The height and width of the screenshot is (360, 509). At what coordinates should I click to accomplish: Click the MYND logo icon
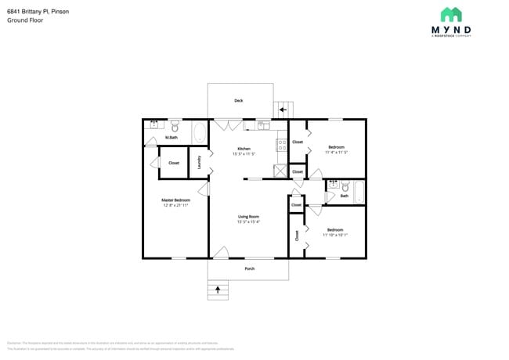click(450, 14)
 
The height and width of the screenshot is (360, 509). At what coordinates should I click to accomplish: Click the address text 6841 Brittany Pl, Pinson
click(38, 10)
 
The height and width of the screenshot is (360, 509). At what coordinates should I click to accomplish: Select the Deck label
click(239, 100)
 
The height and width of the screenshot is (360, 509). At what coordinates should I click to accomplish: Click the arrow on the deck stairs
click(283, 110)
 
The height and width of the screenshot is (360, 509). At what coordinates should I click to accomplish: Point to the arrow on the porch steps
click(218, 290)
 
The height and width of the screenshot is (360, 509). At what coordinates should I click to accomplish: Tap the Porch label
click(249, 268)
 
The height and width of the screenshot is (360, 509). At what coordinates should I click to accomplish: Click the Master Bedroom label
click(175, 200)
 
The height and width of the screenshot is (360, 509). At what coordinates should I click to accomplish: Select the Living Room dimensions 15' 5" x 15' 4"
click(248, 221)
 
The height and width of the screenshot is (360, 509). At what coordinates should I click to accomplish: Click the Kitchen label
click(244, 148)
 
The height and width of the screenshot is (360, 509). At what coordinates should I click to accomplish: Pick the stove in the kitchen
click(280, 144)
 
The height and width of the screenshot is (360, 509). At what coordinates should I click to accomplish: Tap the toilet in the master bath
click(175, 125)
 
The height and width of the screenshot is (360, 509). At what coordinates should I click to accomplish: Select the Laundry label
click(200, 162)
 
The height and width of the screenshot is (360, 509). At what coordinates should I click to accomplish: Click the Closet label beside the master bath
click(174, 163)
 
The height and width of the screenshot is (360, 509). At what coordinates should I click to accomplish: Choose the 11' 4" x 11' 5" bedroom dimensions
click(336, 153)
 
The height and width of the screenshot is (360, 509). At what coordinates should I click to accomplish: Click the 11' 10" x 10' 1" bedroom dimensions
click(334, 235)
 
